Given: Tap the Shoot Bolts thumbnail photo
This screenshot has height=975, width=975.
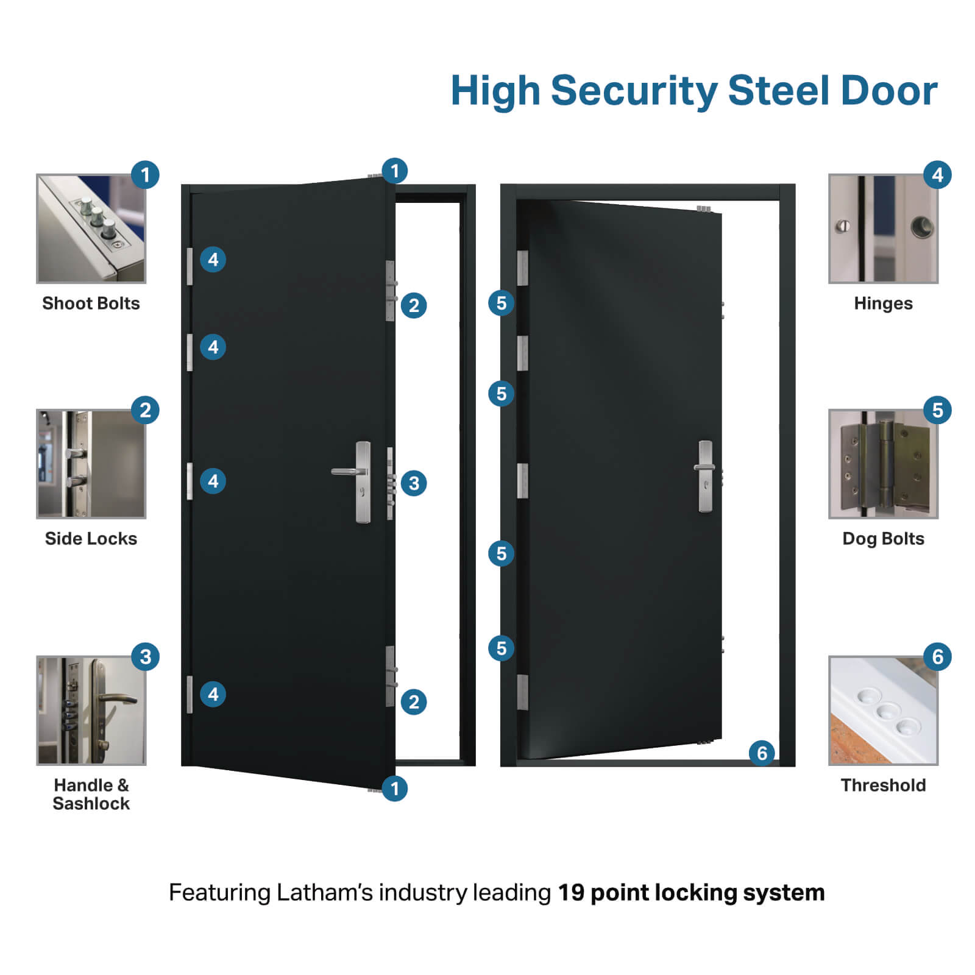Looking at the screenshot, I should (x=91, y=229).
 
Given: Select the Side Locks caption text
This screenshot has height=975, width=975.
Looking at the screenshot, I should (x=91, y=539).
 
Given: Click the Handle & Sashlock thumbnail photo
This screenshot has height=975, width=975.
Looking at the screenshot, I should (x=91, y=711).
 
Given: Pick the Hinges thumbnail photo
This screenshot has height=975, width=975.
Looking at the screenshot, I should (x=883, y=229).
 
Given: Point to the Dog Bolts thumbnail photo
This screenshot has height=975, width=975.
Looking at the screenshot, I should (x=883, y=464).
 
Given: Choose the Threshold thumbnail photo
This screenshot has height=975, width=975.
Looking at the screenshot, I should (x=883, y=711).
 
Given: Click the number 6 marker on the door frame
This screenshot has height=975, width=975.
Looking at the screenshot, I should (x=762, y=753).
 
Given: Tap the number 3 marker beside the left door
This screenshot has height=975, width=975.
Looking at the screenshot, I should (x=414, y=483).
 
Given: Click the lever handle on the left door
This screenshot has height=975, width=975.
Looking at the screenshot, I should (x=349, y=472).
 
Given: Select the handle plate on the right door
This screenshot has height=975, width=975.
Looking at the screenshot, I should (x=705, y=476).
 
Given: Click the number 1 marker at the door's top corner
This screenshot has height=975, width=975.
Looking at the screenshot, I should (x=394, y=171).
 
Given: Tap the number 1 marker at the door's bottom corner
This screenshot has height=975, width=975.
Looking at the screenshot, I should (x=394, y=789).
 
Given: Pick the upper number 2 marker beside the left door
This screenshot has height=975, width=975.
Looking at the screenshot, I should (x=414, y=305).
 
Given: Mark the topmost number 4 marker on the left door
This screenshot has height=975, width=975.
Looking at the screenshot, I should (x=213, y=260).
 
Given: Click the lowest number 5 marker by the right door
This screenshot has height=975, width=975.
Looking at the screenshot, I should (x=501, y=648).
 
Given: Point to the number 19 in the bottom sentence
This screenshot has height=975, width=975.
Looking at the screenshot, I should (x=571, y=893).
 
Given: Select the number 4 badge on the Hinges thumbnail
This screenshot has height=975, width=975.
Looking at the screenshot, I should (x=937, y=175).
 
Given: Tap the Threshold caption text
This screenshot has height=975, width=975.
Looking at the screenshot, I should (x=883, y=785).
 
